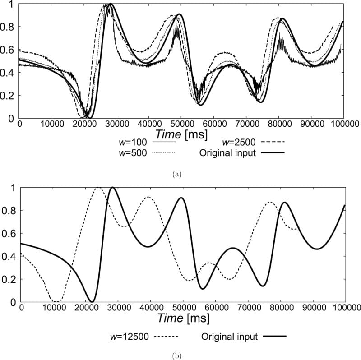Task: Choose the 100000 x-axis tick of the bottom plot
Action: pos(346,307)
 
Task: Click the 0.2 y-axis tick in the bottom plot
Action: pos(10,279)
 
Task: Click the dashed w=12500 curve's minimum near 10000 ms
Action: pos(55,301)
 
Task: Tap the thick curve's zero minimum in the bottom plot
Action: pos(92,301)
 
